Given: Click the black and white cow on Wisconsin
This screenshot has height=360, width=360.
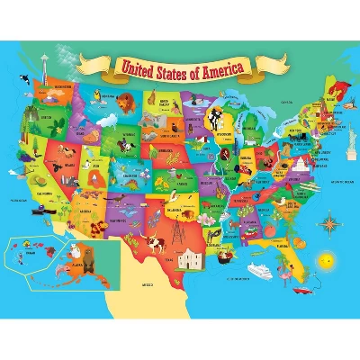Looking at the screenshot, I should [215, 118].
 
